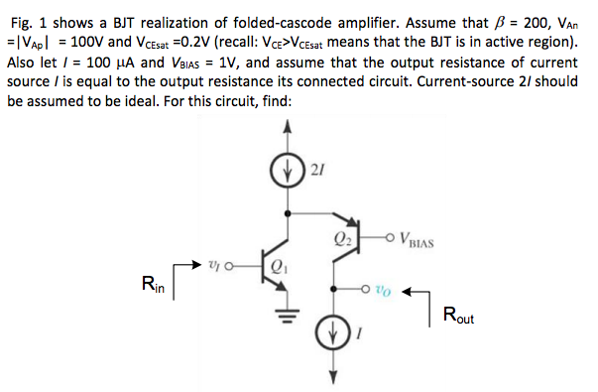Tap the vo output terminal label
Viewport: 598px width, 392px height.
coord(388,293)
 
